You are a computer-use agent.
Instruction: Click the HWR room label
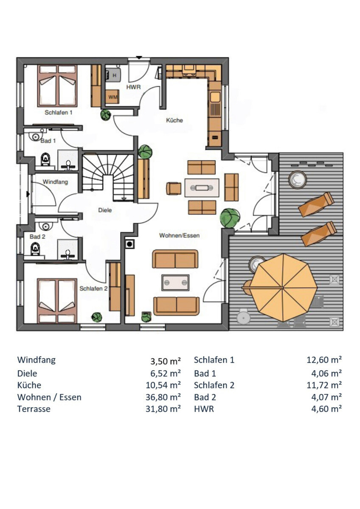[133, 87]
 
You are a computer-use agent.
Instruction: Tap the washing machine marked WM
[112, 97]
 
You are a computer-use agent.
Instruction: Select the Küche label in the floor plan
[174, 120]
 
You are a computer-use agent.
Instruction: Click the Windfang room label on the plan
[55, 182]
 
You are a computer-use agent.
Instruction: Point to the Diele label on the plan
[105, 210]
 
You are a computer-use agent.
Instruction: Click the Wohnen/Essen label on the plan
[180, 235]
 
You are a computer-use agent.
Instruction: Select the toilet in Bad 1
[45, 159]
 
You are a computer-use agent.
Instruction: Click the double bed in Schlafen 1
[57, 86]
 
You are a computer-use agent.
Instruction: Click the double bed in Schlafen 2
[57, 301]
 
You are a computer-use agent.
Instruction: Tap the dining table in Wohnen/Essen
[202, 187]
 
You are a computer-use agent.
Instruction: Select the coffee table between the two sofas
[175, 282]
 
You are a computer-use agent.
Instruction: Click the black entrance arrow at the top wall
[139, 58]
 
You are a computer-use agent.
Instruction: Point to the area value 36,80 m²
[163, 397]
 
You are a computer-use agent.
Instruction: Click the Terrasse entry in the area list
[34, 409]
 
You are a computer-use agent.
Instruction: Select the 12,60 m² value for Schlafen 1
[324, 360]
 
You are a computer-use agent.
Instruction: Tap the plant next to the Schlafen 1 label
[106, 115]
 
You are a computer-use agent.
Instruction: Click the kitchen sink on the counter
[215, 97]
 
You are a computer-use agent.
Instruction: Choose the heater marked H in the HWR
[113, 74]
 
